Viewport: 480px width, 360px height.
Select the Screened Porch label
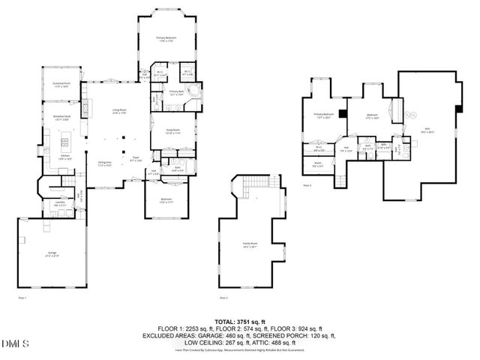pyautogui.click(x=61, y=85)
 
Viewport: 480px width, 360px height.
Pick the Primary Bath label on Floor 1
pyautogui.click(x=176, y=94)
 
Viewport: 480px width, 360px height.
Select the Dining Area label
pyautogui.click(x=103, y=163)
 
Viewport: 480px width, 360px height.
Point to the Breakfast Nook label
pyautogui.click(x=61, y=117)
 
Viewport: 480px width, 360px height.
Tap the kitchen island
pyautogui.click(x=67, y=140)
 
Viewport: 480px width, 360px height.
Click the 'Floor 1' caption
pyautogui.click(x=22, y=298)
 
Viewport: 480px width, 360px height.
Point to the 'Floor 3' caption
pyautogui.click(x=307, y=184)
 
